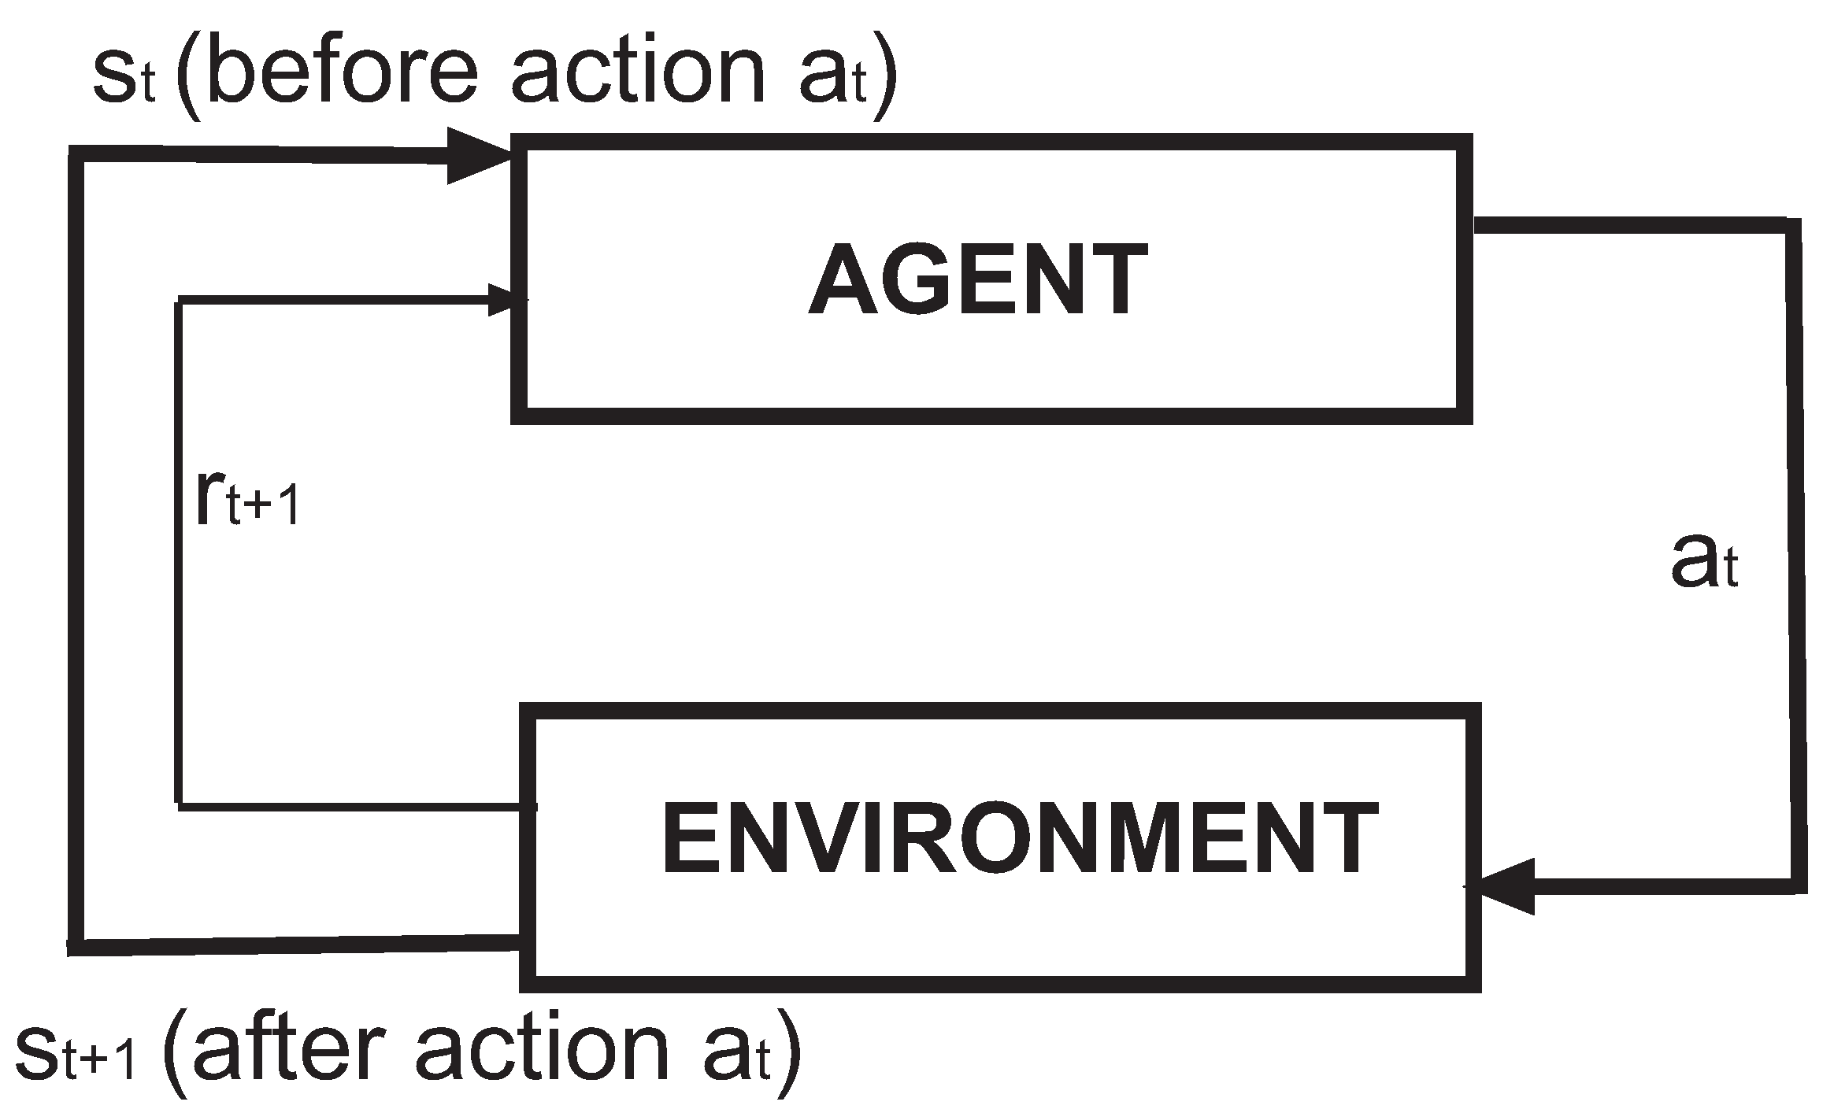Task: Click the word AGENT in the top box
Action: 977,279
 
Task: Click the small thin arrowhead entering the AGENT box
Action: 504,300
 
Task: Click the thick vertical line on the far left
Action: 76,551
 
